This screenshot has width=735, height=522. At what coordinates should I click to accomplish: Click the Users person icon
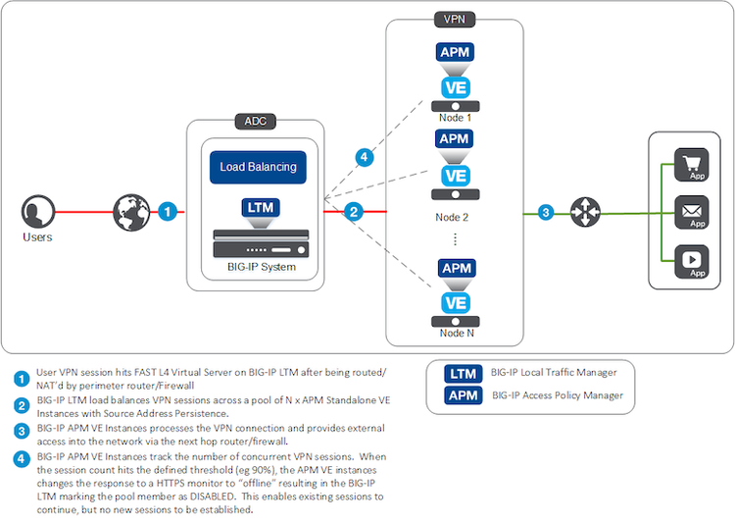tap(36, 212)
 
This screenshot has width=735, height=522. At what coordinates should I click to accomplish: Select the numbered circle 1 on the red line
tap(168, 211)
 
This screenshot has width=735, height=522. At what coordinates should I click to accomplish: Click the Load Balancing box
tap(258, 167)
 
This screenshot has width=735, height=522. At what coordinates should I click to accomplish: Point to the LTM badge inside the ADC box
tap(258, 208)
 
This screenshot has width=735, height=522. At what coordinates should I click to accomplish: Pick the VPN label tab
tap(454, 19)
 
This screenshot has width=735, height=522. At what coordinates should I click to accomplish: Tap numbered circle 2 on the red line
tap(355, 211)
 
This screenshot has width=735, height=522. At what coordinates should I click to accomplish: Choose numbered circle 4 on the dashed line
tap(364, 156)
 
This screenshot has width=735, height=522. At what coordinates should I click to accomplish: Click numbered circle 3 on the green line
tap(547, 211)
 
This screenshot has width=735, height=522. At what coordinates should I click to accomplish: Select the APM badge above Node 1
tap(454, 51)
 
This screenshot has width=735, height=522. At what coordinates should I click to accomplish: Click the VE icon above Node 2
tap(454, 176)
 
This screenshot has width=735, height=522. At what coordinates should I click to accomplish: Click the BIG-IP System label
tap(258, 266)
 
